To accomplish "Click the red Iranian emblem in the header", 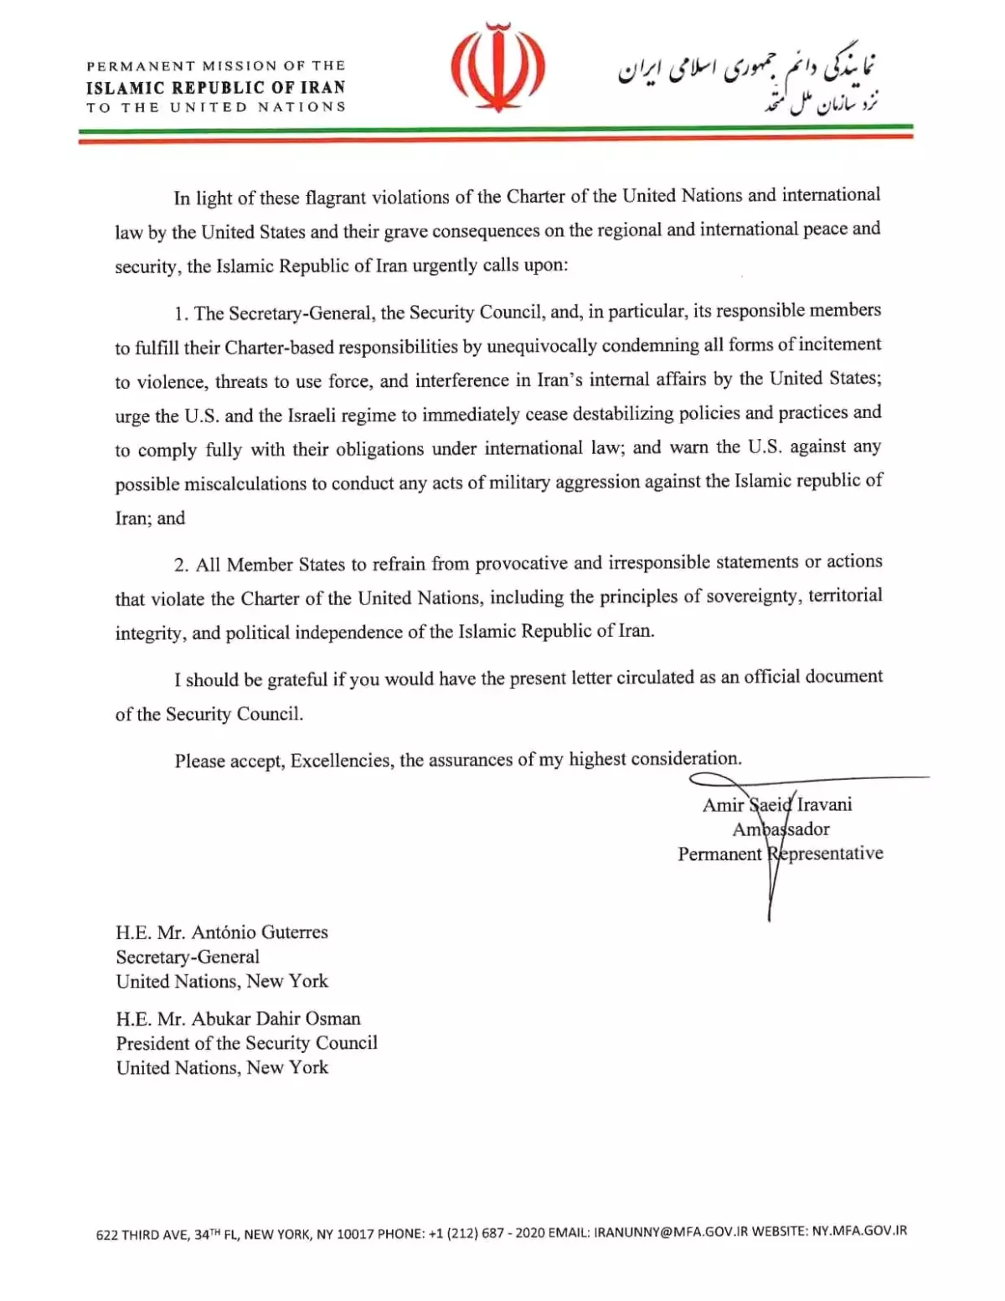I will (x=497, y=70).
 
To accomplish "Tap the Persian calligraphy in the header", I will (x=748, y=82).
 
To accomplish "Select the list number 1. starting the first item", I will (x=182, y=314).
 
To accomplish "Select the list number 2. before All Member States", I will (x=182, y=565).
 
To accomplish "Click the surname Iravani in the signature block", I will (x=824, y=805).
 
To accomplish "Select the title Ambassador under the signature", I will (x=781, y=829).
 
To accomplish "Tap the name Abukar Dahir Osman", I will (x=276, y=1019).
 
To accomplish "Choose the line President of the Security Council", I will (x=246, y=1043).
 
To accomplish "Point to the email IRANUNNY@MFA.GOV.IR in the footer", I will (x=670, y=1232).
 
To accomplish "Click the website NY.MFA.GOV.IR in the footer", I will (x=859, y=1231).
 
